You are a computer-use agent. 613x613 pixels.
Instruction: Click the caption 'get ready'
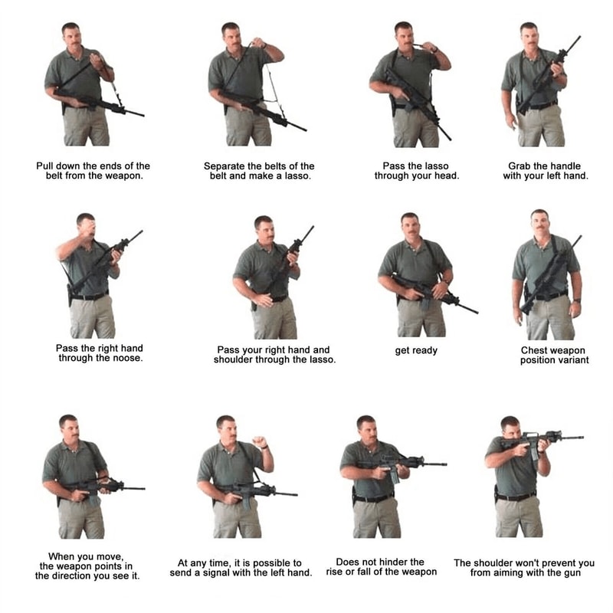416,351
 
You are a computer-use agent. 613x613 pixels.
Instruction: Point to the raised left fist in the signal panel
260,442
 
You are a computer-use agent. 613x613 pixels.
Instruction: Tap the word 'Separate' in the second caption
226,166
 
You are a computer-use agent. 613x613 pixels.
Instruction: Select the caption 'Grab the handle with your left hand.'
545,171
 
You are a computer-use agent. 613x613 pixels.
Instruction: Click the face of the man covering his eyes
85,228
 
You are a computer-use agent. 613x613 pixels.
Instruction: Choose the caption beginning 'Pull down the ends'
93,171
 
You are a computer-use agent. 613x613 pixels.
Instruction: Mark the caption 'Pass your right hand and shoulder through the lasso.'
274,356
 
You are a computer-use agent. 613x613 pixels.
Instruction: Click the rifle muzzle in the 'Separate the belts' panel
304,129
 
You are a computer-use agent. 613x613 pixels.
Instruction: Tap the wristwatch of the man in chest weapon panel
576,300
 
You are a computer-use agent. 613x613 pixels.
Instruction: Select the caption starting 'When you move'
87,566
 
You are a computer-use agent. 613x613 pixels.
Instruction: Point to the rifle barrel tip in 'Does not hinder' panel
444,464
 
